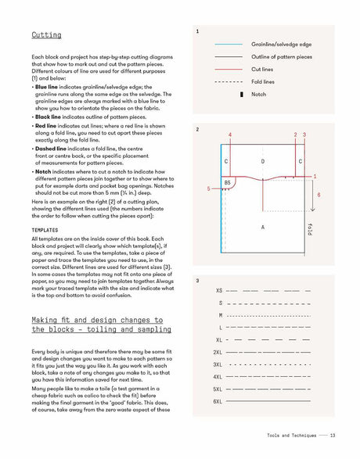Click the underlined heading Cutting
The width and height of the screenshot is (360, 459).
pyautogui.click(x=46, y=35)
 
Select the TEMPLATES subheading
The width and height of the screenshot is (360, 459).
pyautogui.click(x=46, y=230)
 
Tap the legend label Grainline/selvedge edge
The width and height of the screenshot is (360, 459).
pyautogui.click(x=282, y=45)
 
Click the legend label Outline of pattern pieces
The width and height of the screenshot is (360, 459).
pyautogui.click(x=282, y=57)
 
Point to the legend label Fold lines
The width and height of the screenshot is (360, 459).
pyautogui.click(x=264, y=81)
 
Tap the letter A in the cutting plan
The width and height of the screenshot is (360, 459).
pyautogui.click(x=262, y=227)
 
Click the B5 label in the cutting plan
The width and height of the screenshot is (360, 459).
pyautogui.click(x=227, y=182)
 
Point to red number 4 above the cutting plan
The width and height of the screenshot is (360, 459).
pyautogui.click(x=230, y=135)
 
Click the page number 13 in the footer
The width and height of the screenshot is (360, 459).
pyautogui.click(x=333, y=436)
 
